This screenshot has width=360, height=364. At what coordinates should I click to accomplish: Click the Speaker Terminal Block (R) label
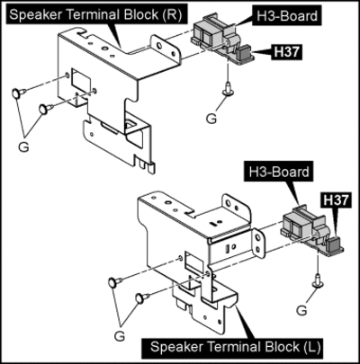coord(96,14)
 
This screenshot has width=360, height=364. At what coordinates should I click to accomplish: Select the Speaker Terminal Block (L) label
coord(236,347)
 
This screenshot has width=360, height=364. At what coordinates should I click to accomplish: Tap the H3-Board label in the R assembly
coord(287,15)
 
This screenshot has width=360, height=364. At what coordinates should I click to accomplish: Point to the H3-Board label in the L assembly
coord(279,172)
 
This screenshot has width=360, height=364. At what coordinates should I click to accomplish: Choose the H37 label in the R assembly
coord(287,52)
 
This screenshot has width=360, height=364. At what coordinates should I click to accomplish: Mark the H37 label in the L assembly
coord(337,200)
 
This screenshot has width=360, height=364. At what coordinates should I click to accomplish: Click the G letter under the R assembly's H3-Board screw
coord(211,119)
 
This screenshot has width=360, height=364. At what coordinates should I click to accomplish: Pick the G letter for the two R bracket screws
coord(23,146)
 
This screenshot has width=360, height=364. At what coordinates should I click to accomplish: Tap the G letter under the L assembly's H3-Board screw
coord(301,310)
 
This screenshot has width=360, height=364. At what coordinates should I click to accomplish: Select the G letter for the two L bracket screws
coord(120,336)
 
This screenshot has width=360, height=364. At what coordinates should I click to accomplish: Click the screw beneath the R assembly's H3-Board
coord(229,90)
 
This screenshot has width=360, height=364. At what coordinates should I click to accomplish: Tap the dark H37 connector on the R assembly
coord(243,52)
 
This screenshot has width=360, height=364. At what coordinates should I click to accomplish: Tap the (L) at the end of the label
coord(312,348)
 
